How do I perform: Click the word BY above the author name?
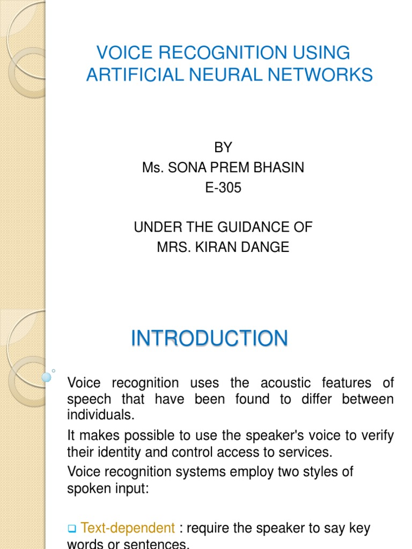pyautogui.click(x=223, y=147)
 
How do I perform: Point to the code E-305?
pyautogui.click(x=223, y=188)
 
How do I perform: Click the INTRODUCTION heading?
pyautogui.click(x=209, y=339)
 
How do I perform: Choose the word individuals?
pyautogui.click(x=99, y=415)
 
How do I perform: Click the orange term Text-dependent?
pyautogui.click(x=128, y=529)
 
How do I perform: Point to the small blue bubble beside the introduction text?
pyautogui.click(x=47, y=377)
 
